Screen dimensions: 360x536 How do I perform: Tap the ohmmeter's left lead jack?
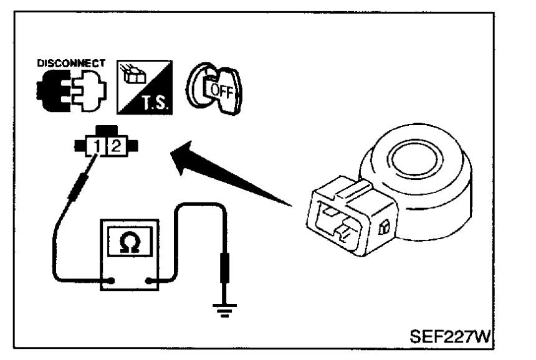pyautogui.click(x=112, y=280)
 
